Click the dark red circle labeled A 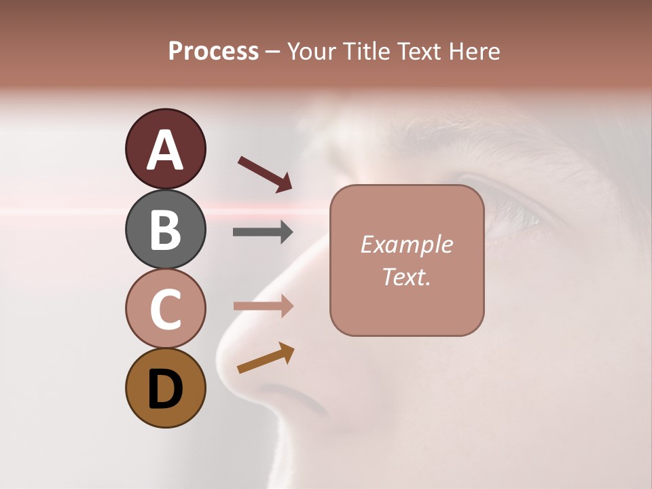coord(165,149)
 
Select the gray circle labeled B coord(165,229)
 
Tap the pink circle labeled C coord(165,308)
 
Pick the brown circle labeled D coord(165,388)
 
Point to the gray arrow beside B coord(263,232)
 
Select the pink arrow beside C coord(263,306)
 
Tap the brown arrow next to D coord(266,358)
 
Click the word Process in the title coord(213,51)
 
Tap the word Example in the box coord(406,244)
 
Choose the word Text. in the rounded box coord(406,276)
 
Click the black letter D coord(165,389)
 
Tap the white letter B coord(165,230)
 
